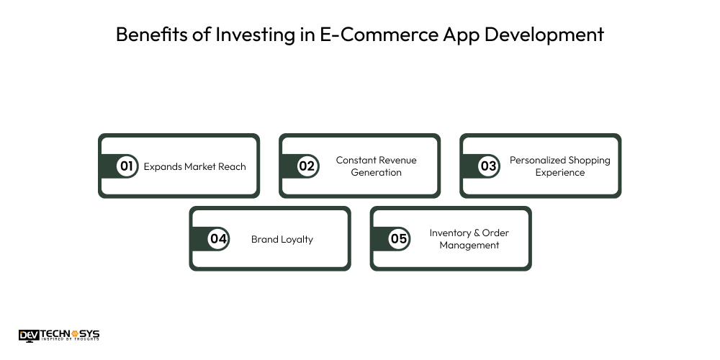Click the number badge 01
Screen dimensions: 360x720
coord(127,166)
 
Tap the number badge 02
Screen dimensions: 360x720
coord(307,166)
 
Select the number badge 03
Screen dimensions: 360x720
coord(488,166)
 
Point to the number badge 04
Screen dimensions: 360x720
coord(217,239)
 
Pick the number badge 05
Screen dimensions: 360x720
coord(398,239)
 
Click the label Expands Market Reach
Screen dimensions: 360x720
coord(194,166)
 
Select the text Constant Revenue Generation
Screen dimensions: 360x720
coord(376,166)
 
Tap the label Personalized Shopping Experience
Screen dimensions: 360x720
coord(559,166)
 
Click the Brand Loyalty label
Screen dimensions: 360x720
coord(282,239)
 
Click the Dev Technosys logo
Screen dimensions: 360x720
coord(59,335)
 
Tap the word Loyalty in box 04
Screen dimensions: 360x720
coord(297,239)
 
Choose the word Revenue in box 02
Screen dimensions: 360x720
coord(397,160)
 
